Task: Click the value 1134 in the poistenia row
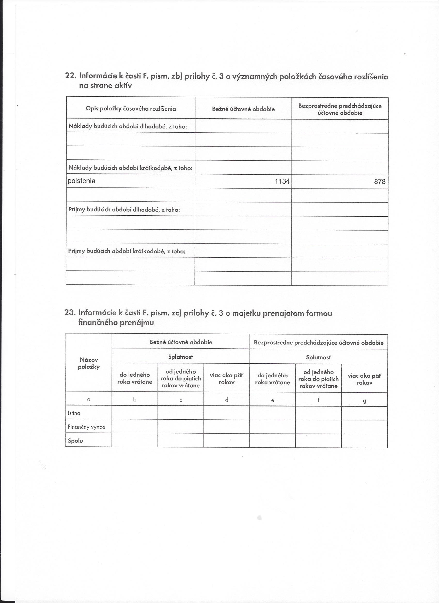[x=282, y=181]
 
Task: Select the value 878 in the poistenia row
[x=379, y=182]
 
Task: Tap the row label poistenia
[x=81, y=181]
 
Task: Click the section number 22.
[x=71, y=76]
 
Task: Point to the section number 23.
[x=70, y=312]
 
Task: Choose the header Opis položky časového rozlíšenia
[x=131, y=109]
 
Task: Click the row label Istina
[x=74, y=413]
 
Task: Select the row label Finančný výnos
[x=86, y=427]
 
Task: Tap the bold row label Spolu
[x=75, y=441]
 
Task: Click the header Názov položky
[x=89, y=363]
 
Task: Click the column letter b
[x=135, y=399]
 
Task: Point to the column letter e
[x=272, y=400]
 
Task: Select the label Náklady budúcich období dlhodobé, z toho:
[x=128, y=126]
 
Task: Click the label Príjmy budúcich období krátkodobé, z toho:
[x=127, y=251]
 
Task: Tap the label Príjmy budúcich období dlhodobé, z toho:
[x=124, y=209]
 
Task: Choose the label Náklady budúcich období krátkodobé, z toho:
[x=130, y=168]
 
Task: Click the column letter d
[x=226, y=400]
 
